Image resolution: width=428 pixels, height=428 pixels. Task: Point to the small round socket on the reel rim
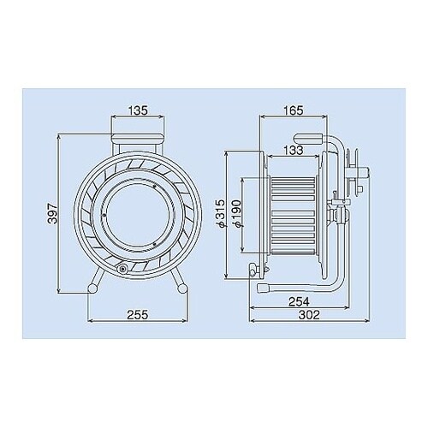pos(122,269)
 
